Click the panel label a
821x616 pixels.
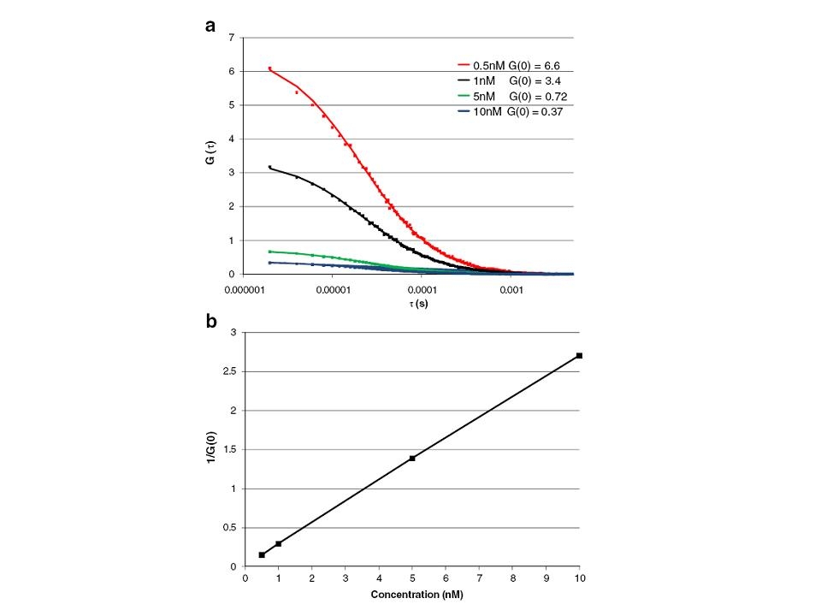[x=210, y=25]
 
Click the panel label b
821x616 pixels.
[x=210, y=322]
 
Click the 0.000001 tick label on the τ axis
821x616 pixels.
[x=245, y=289]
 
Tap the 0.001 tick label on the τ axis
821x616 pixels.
[x=511, y=289]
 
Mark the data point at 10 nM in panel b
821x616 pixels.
[x=580, y=355]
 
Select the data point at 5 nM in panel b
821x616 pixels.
[x=412, y=458]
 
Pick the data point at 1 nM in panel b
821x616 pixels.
[x=279, y=543]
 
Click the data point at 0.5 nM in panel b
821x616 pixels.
[x=262, y=554]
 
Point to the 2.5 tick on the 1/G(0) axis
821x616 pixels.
[x=230, y=371]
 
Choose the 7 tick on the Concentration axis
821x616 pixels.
[x=480, y=577]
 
